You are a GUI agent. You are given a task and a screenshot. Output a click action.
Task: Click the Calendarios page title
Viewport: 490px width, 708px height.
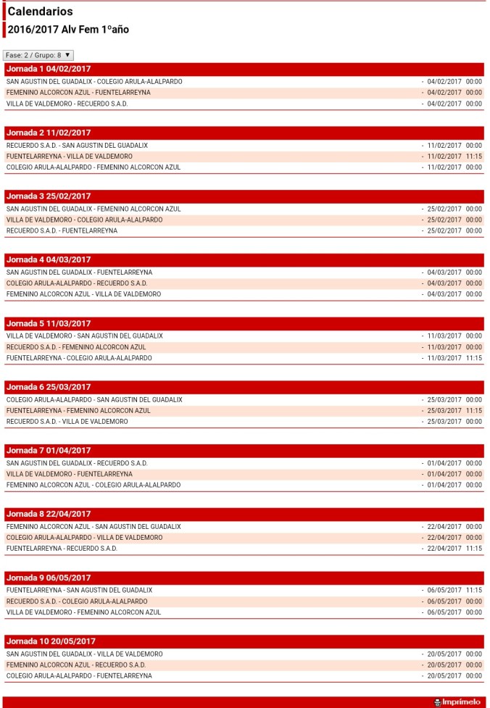point(40,12)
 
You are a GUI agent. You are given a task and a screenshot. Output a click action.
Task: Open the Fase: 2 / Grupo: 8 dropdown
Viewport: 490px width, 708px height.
point(38,55)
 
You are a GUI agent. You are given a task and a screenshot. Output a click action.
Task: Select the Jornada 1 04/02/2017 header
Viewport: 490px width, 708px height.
point(49,69)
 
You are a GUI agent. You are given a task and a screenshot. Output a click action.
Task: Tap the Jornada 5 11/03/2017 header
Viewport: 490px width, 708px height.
point(49,323)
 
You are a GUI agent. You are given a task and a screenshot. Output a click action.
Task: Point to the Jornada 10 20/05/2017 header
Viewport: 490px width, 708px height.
point(51,641)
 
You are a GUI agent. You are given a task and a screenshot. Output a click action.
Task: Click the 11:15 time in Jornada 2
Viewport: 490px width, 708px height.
point(474,157)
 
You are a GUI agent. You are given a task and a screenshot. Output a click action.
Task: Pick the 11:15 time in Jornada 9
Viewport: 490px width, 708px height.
point(474,591)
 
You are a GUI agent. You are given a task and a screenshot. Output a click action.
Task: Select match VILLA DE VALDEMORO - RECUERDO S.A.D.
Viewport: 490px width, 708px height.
point(67,104)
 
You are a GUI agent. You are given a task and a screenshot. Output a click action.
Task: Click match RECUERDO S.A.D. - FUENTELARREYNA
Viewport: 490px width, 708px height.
point(62,231)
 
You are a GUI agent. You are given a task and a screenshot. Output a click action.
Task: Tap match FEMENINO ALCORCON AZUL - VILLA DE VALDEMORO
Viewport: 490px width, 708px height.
point(83,294)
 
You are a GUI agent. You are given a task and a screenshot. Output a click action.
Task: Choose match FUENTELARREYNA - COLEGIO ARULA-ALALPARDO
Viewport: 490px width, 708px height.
point(79,358)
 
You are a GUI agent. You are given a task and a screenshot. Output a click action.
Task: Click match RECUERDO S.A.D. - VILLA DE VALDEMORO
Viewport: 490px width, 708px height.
point(67,422)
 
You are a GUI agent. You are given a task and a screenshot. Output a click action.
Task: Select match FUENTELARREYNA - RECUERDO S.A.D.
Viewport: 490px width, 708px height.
point(62,549)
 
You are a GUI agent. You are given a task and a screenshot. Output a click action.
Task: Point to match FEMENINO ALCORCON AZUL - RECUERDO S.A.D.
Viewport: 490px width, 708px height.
point(76,665)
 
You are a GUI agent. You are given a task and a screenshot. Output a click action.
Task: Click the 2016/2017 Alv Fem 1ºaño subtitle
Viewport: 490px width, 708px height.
point(68,30)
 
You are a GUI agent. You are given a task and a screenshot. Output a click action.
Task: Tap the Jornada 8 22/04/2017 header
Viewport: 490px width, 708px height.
point(49,514)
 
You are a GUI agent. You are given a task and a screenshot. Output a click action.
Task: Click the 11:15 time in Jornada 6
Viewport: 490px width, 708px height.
point(474,411)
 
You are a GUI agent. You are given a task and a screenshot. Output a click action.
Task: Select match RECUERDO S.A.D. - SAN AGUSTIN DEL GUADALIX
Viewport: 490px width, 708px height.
point(77,146)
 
